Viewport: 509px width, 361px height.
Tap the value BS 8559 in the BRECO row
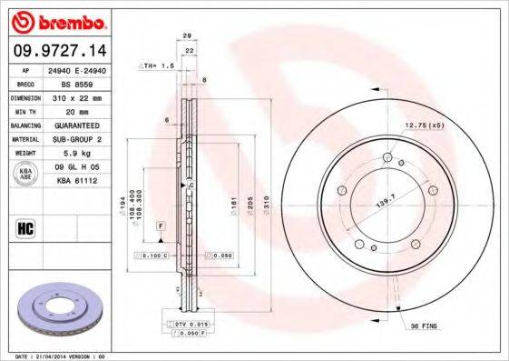tap(74, 83)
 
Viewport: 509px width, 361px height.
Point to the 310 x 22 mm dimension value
tap(76, 95)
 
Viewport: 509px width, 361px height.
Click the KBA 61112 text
tap(77, 181)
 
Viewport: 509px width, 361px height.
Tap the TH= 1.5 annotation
tap(157, 67)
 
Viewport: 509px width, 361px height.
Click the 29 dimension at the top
tap(187, 35)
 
